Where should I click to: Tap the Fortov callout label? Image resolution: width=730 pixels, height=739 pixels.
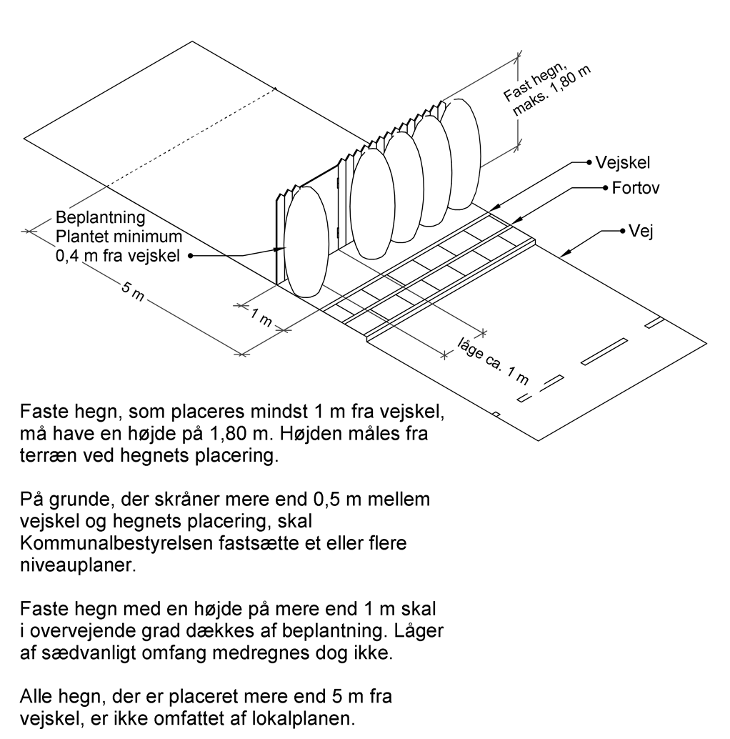coord(634,189)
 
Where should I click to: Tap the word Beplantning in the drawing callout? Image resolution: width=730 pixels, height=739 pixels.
coord(101,217)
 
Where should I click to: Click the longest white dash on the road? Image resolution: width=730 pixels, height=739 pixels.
coord(604,351)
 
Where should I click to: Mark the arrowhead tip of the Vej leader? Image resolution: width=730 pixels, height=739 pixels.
coord(561,255)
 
